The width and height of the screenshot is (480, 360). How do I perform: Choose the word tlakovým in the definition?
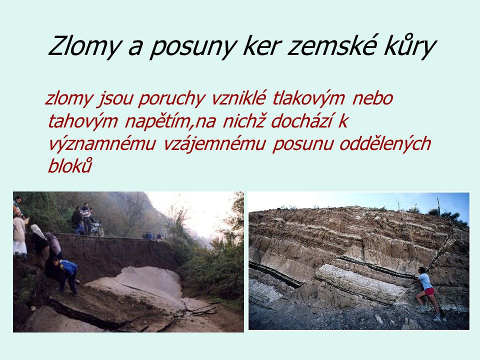(308, 98)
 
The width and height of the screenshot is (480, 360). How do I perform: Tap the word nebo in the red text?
(372, 98)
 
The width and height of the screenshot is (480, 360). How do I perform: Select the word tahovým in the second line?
(82, 121)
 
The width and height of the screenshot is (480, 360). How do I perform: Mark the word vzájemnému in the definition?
(214, 144)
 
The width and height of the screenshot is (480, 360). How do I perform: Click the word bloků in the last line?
(70, 165)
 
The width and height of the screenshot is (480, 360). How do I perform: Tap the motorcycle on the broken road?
(97, 229)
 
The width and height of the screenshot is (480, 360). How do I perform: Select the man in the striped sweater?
(86, 218)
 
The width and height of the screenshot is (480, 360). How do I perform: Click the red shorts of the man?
(429, 291)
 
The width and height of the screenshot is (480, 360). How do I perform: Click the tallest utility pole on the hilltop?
(438, 206)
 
